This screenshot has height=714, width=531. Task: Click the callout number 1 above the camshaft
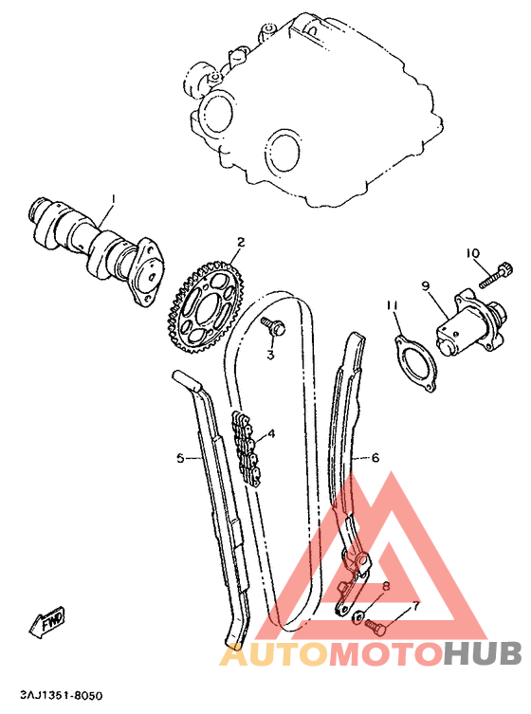[x=112, y=199]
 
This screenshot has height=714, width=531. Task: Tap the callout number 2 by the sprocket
[x=242, y=243]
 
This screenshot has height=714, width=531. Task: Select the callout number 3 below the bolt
[x=269, y=355]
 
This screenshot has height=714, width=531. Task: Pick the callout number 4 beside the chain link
[x=271, y=434]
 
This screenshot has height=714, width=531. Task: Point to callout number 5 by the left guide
[x=180, y=458]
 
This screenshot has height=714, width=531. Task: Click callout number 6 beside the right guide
[x=375, y=457]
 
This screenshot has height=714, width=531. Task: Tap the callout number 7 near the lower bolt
[x=414, y=607]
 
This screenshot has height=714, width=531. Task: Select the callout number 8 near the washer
[x=386, y=586]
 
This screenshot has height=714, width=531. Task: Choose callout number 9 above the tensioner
[x=426, y=284]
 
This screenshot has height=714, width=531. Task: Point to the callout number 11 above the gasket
[x=392, y=304]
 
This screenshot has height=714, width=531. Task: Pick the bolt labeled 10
[x=494, y=277]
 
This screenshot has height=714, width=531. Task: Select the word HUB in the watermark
[x=484, y=654]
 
